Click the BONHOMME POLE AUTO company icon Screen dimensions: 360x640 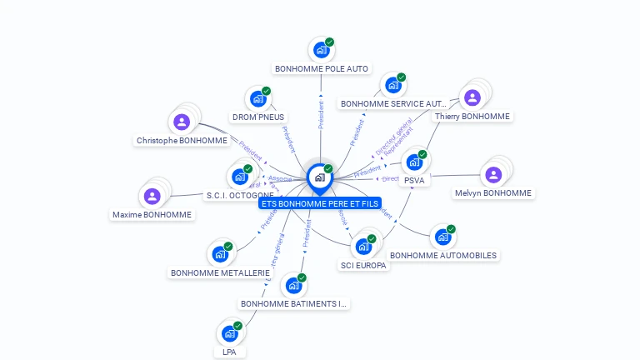pos(320,50)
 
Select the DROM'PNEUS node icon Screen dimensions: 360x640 pos(257,99)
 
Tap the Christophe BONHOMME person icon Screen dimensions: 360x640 pos(182,122)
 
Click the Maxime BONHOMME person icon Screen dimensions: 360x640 pos(152,197)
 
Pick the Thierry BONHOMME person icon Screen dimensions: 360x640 pos(472,98)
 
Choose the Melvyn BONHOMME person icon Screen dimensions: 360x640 pos(492,175)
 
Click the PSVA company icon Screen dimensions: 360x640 pos(414,162)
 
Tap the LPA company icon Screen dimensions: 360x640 pos(229,334)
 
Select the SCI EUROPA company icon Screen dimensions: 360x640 pos(363,247)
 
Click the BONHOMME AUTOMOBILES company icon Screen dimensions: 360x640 pos(442,237)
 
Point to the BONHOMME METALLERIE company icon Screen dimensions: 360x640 pos(220,254)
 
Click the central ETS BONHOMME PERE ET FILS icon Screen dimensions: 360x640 pos(319,177)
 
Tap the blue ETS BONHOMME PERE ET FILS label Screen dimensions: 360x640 pos(320,202)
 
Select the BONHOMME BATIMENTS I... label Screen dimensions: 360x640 pos(292,303)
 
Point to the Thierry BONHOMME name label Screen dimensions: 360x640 pos(472,117)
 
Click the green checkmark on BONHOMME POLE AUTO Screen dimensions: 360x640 pos(329,42)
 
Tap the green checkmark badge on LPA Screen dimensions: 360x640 pos(238,326)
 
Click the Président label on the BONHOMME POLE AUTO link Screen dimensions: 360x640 pos(321,114)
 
